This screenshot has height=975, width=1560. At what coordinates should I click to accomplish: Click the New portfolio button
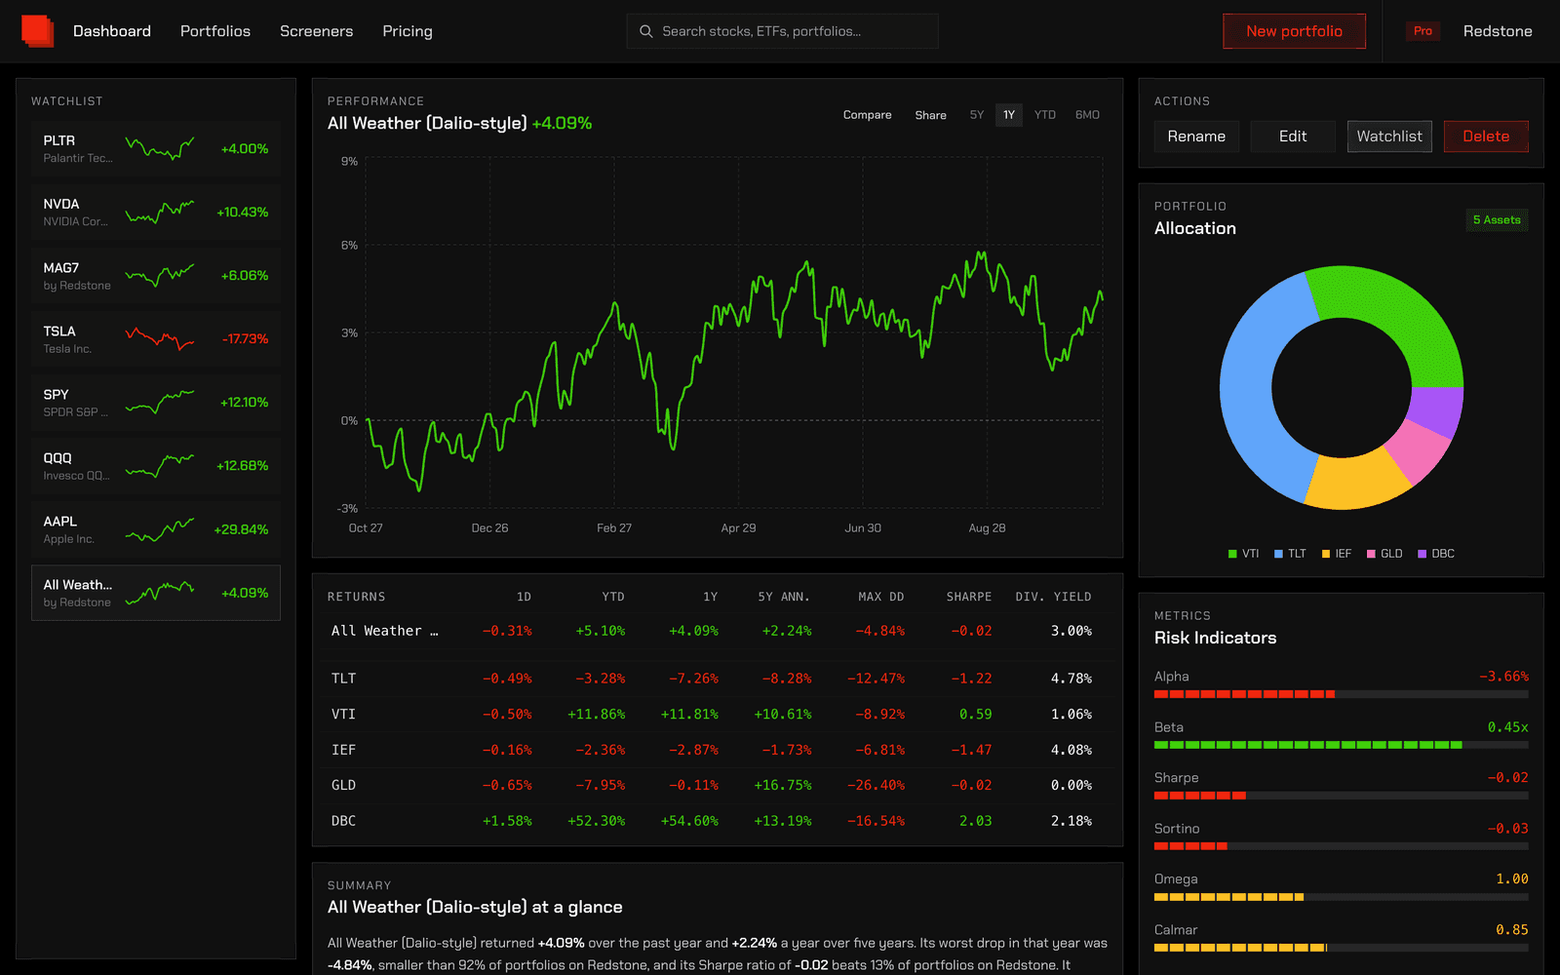click(x=1294, y=31)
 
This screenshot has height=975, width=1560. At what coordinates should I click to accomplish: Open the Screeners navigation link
click(x=316, y=31)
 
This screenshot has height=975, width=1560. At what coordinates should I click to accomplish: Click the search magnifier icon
click(x=646, y=31)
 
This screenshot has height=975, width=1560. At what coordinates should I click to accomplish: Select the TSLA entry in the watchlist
click(x=156, y=339)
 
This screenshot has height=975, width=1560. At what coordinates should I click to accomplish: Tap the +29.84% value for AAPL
click(x=241, y=529)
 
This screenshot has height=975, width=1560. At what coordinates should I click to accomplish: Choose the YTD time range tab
click(x=1044, y=115)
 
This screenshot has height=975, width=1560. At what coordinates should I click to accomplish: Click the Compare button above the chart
click(x=867, y=115)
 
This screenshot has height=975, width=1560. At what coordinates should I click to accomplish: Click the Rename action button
click(x=1196, y=136)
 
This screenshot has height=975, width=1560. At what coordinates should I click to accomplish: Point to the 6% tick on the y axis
click(x=350, y=245)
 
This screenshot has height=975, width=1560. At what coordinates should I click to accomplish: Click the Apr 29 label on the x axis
click(x=738, y=527)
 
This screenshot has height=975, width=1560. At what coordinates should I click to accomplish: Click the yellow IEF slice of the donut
click(x=1355, y=481)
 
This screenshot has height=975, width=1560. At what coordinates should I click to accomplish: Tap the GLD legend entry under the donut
click(x=1384, y=554)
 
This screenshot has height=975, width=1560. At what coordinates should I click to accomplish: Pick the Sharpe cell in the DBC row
click(x=975, y=821)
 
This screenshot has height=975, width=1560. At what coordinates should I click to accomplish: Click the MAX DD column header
click(x=881, y=597)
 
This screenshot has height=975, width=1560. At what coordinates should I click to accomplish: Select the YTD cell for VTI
click(x=596, y=715)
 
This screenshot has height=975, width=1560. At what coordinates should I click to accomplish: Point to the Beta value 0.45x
click(x=1507, y=727)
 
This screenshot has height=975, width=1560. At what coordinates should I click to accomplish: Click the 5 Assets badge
click(x=1497, y=220)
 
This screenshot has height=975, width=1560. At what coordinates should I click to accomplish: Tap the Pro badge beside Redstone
click(x=1423, y=31)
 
